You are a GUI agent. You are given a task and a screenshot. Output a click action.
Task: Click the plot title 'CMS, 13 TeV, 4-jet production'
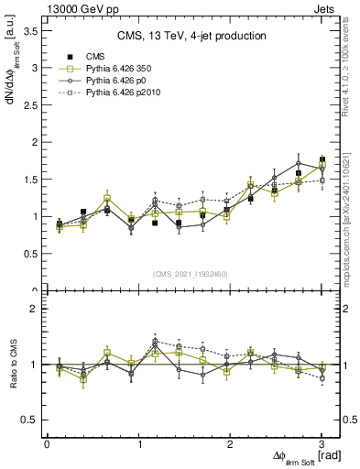click(191, 36)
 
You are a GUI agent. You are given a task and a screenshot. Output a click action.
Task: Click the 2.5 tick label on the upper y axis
click(32, 104)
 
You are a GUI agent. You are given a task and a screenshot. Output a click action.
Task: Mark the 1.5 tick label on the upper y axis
click(32, 180)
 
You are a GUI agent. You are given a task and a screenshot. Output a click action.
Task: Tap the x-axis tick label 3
click(322, 444)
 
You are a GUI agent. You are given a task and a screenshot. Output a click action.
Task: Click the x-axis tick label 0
click(47, 444)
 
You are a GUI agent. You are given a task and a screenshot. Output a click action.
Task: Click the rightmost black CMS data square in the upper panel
click(322, 159)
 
